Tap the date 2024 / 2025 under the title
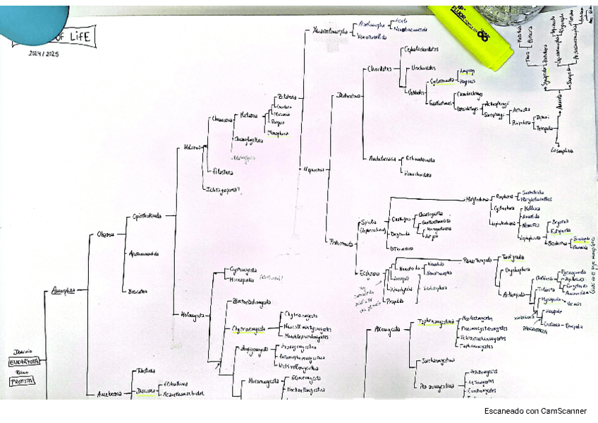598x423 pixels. [x=44, y=54]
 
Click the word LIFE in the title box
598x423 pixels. [x=80, y=36]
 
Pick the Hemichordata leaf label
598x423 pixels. [x=417, y=173]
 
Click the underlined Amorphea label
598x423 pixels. [x=63, y=290]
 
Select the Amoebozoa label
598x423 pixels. [x=109, y=394]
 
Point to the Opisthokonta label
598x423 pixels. [x=147, y=215]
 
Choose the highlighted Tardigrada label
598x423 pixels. [x=511, y=257]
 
